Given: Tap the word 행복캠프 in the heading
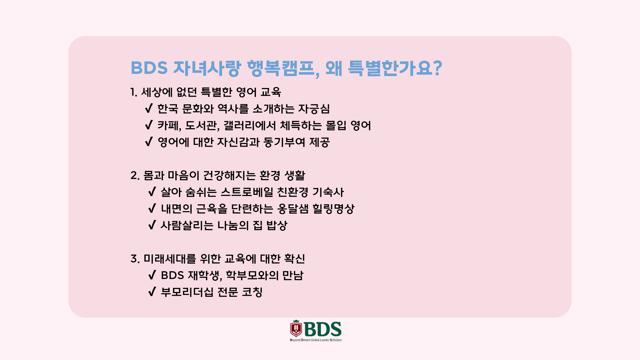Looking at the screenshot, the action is [281, 68].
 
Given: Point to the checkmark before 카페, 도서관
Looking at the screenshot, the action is [149, 125].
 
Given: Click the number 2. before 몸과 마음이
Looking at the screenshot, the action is [135, 175].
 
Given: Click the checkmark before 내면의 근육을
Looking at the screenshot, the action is [152, 208].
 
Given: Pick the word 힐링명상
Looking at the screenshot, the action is [333, 209].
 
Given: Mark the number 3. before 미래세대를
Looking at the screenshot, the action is [135, 259].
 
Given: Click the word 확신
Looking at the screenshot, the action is [295, 259].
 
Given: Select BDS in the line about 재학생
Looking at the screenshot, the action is [172, 275].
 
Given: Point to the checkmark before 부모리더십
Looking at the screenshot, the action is [152, 292].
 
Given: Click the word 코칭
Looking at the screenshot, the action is [252, 292].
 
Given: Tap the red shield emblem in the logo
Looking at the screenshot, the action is [296, 329].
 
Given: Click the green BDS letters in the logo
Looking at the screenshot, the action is [323, 329].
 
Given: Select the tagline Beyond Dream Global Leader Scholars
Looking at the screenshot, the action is [316, 340].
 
